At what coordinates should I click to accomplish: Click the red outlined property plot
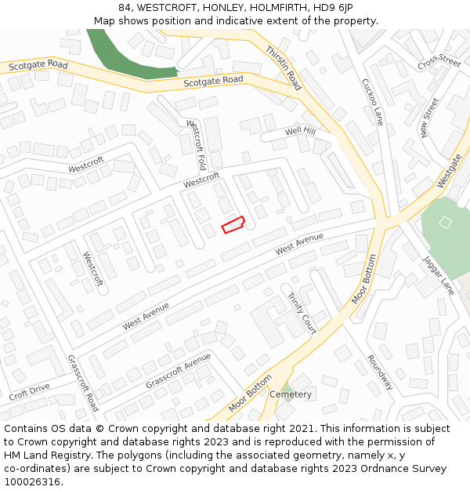[233, 225]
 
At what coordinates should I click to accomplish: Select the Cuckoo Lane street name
[373, 102]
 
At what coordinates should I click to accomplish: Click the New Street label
[430, 118]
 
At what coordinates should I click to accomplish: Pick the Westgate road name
[450, 171]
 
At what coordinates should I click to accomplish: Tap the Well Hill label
[300, 131]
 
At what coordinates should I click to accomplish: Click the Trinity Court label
[302, 314]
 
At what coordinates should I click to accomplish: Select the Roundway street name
[380, 372]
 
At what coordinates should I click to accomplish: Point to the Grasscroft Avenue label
[178, 371]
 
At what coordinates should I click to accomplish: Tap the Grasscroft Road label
[83, 383]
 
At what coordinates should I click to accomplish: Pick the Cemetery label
[291, 394]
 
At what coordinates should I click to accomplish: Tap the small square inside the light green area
[445, 222]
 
